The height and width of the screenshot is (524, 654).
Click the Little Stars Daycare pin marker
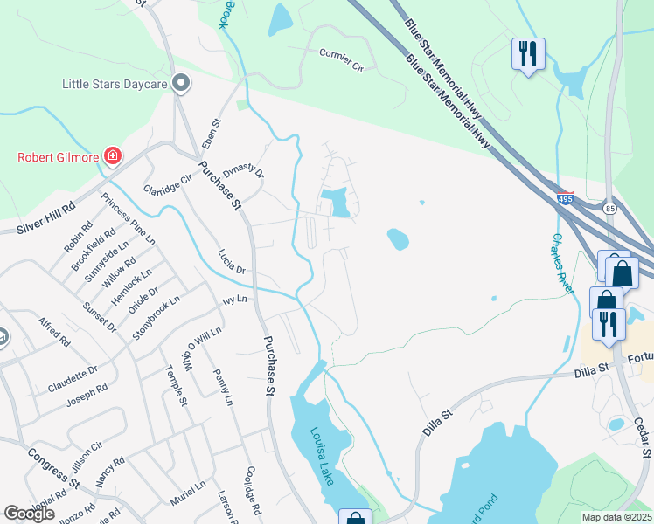point(182,84)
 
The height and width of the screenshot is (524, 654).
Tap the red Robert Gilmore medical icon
point(113,157)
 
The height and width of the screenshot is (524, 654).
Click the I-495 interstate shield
point(565,199)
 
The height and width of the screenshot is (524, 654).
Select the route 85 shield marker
point(609,209)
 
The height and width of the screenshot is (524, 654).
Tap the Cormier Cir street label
point(341,58)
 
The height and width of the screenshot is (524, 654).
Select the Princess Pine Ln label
point(128,218)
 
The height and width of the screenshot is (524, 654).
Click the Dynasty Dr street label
point(243,161)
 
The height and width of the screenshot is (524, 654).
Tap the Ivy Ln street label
point(235,300)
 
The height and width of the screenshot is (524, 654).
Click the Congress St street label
point(52,466)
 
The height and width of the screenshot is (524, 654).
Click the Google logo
point(29,514)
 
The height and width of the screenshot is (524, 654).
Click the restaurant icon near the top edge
point(528,54)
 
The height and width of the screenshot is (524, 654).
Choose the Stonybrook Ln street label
point(156,317)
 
